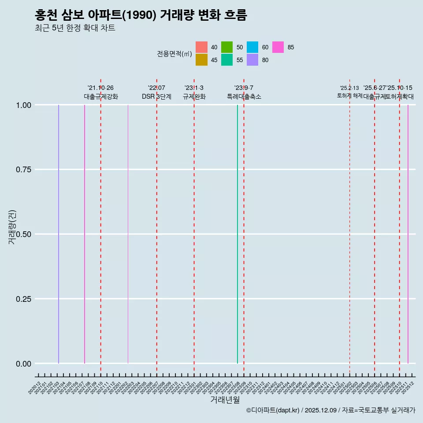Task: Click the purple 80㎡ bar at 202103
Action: click(59, 234)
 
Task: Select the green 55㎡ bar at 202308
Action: click(237, 234)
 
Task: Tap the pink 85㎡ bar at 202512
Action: click(408, 234)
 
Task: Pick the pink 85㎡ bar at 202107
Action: click(85, 234)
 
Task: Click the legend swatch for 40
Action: click(201, 47)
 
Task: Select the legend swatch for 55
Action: click(227, 60)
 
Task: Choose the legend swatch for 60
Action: click(252, 47)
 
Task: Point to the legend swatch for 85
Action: click(278, 47)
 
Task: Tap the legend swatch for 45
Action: click(201, 60)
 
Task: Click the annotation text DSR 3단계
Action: click(156, 96)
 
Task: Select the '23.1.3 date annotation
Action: click(194, 88)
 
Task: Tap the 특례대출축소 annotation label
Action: click(244, 96)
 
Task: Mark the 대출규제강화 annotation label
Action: click(101, 96)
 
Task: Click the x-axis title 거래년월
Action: click(225, 400)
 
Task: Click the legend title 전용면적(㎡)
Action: click(174, 54)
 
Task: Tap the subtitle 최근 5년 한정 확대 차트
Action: click(75, 28)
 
